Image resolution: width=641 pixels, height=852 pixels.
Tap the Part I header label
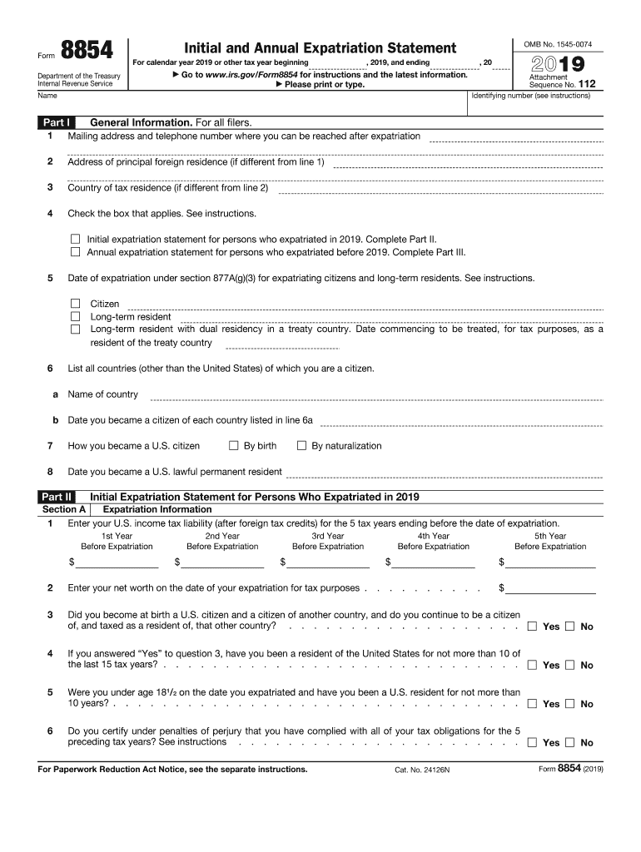coord(57,122)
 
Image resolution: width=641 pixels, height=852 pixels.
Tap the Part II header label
coord(57,497)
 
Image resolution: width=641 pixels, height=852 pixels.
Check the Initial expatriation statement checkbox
coord(76,238)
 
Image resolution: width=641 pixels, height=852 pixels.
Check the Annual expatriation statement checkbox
coord(76,251)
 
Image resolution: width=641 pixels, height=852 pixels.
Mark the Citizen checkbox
coord(76,304)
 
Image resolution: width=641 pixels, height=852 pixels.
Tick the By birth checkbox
coord(234,445)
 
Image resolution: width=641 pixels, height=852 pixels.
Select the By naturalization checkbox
coord(302,445)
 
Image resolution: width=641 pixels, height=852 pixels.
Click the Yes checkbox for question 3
coord(532,626)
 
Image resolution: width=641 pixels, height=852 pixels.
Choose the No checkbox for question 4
coord(569,665)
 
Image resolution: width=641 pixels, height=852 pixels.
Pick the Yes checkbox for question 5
coord(532,703)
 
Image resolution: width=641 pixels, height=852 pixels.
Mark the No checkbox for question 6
coord(569,742)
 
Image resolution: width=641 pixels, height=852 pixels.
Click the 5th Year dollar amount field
coord(552,562)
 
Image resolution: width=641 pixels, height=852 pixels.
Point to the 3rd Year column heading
coord(328,536)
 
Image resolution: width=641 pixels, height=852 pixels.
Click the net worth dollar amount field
coord(552,587)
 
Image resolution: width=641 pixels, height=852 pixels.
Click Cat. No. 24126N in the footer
coord(422,770)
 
